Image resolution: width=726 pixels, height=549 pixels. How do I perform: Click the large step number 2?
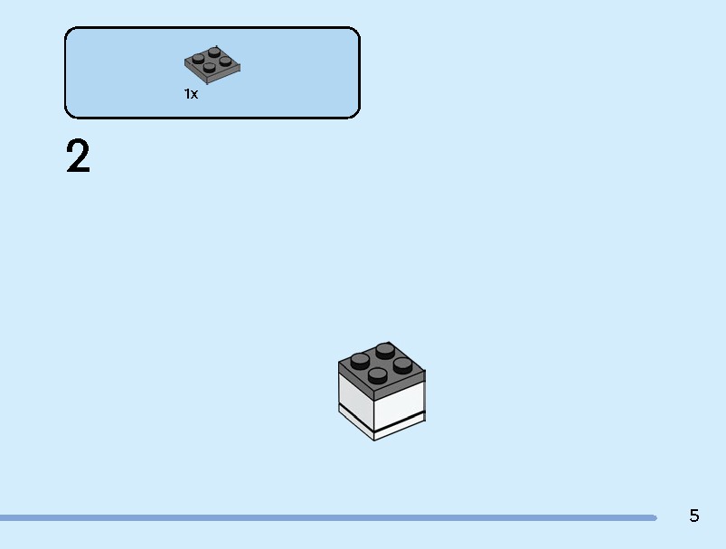[78, 156]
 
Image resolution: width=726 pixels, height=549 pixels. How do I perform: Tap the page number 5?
[694, 516]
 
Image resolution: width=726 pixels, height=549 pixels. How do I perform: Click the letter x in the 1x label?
[194, 94]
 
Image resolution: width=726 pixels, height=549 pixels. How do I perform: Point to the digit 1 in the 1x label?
[186, 94]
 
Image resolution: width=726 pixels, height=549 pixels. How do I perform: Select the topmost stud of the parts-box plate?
[214, 52]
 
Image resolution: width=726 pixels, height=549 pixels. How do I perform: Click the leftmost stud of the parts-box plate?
[198, 59]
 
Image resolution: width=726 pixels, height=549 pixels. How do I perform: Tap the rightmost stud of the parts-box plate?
[225, 62]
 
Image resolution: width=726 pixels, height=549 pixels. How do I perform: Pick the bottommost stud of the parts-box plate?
[209, 68]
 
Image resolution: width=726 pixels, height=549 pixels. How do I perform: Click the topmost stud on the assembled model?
[385, 351]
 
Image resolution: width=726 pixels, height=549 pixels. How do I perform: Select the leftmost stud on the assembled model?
[360, 361]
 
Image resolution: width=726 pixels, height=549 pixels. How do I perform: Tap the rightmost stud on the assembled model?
[403, 365]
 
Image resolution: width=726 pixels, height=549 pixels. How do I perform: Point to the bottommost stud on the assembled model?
[378, 375]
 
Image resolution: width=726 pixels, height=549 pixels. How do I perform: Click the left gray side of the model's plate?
[356, 380]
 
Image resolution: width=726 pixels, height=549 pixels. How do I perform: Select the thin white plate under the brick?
[382, 424]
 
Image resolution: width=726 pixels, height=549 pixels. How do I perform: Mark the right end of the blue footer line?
[655, 517]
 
